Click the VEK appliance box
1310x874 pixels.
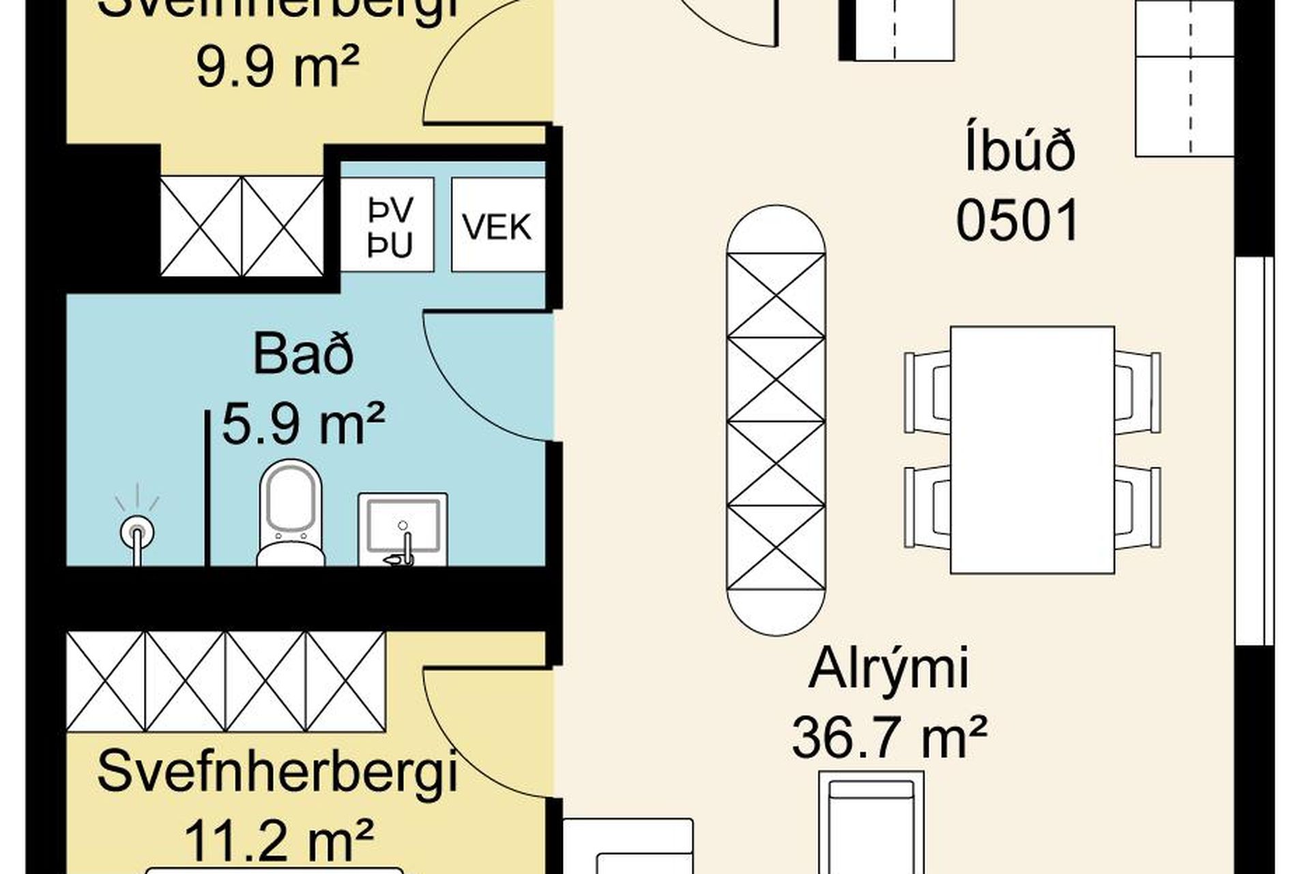coord(498,225)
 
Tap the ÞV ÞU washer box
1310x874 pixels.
coord(388,225)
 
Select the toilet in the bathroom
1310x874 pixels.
coord(291,512)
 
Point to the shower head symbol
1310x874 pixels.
coord(137,531)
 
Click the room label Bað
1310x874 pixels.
coord(304,354)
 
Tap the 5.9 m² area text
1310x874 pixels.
coord(304,424)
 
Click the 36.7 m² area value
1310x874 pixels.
coord(888,737)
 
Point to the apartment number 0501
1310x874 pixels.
coord(1017,221)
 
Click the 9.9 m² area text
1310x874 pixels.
coord(277,68)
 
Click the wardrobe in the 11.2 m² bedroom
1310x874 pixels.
coord(226,681)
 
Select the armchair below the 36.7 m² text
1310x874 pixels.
coord(871,823)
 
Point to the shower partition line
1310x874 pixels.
coord(207,488)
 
